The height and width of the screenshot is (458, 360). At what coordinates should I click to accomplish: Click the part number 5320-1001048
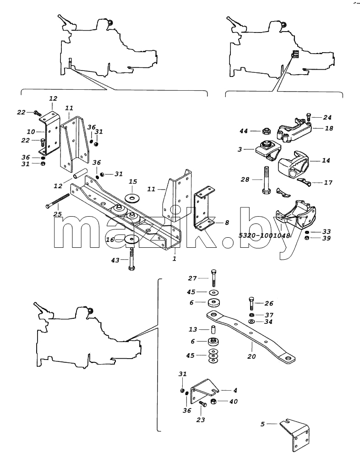tap(264, 235)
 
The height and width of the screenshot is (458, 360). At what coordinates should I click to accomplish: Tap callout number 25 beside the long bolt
tap(57, 214)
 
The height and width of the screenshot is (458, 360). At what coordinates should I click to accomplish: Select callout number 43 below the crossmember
tap(115, 259)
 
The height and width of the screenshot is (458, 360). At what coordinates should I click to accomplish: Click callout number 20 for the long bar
tap(251, 356)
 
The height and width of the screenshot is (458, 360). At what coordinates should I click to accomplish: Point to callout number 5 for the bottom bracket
tap(263, 424)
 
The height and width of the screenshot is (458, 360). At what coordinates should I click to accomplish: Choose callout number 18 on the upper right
tap(329, 128)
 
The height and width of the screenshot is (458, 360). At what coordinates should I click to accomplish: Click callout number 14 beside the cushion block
tap(326, 160)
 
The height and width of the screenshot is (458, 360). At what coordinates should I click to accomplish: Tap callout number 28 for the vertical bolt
tap(245, 180)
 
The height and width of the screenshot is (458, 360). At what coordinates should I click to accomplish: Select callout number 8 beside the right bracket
tap(227, 223)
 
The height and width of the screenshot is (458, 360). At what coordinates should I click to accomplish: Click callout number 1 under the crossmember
tap(175, 259)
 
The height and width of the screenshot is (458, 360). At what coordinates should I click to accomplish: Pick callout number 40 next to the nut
tap(234, 401)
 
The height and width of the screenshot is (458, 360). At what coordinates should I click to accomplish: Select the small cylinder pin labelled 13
tap(213, 329)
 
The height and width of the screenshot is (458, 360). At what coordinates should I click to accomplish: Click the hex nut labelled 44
tap(266, 131)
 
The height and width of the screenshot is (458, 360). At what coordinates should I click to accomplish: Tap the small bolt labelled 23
tap(202, 404)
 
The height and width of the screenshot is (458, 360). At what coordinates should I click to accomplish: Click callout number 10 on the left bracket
tap(31, 132)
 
